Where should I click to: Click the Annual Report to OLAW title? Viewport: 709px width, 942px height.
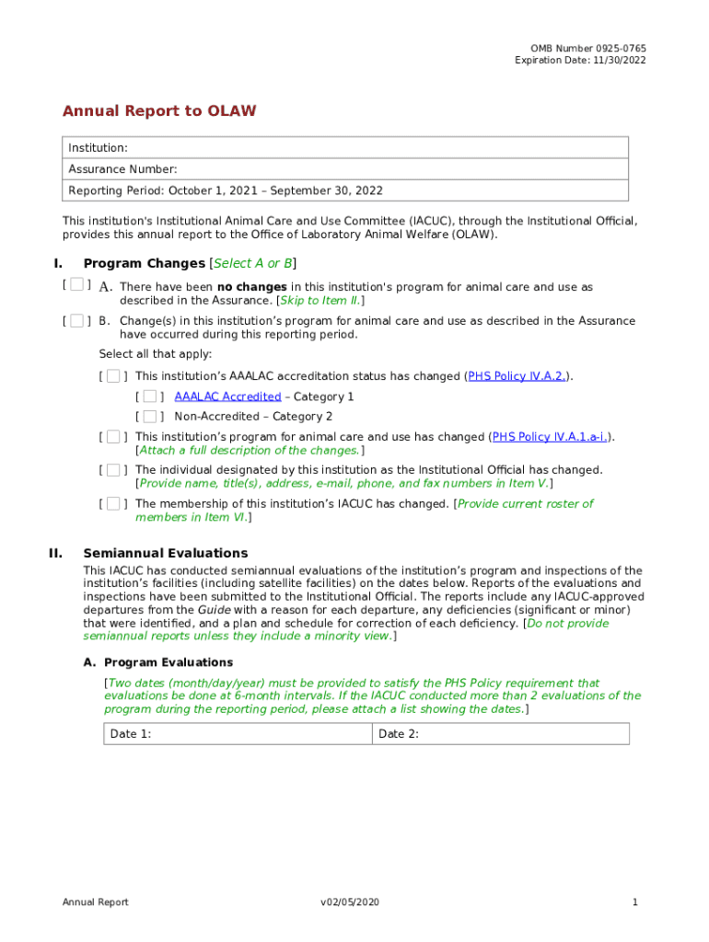[159, 111]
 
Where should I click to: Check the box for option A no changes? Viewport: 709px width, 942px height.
[76, 285]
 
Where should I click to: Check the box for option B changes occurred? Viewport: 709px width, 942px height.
[76, 321]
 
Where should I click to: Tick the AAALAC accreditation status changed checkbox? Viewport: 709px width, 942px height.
[112, 376]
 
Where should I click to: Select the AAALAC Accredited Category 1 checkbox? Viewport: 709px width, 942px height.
[149, 396]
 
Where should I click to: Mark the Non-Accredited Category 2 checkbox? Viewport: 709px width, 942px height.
[149, 417]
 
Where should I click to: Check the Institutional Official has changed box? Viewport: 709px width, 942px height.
[112, 470]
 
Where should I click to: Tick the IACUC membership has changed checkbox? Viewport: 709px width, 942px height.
[112, 504]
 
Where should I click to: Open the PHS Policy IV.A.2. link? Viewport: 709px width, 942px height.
[517, 376]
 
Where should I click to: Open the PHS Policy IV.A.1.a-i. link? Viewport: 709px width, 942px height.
[551, 437]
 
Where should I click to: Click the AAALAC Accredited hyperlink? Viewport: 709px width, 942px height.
[227, 396]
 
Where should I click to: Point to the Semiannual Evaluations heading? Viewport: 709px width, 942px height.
[166, 553]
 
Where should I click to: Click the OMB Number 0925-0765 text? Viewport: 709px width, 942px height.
[587, 48]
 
